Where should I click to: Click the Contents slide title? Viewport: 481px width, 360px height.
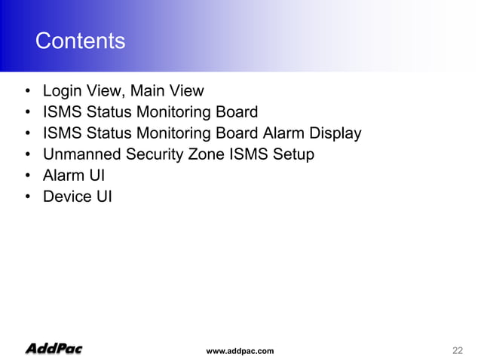pos(80,41)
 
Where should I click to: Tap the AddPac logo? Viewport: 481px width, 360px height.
pos(54,349)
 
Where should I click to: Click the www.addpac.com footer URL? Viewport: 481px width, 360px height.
pos(240,351)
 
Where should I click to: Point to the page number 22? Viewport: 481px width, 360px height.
pos(457,350)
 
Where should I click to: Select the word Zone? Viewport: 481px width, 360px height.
pos(211,154)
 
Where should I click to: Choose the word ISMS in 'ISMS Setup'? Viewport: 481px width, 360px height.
pos(252,154)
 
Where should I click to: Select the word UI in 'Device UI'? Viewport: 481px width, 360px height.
pos(103,197)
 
